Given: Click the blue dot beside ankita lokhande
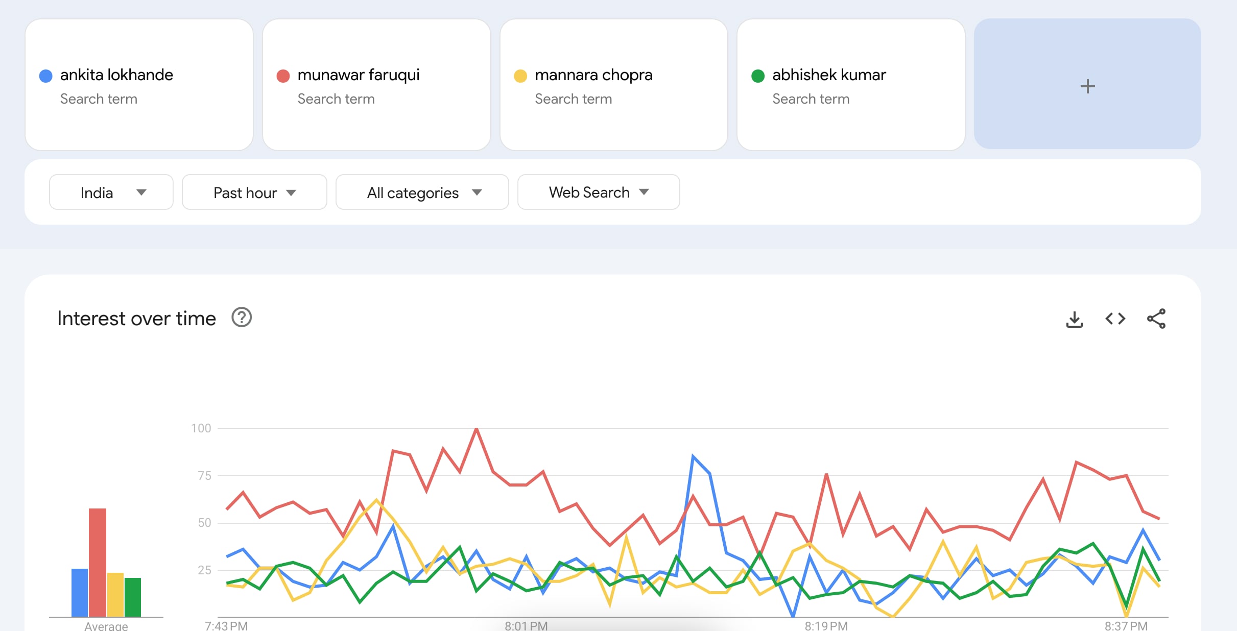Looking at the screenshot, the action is tap(46, 76).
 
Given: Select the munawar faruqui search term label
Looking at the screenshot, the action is tap(359, 75).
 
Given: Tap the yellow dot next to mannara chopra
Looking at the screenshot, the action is tap(520, 76).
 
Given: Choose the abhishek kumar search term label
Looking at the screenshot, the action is tap(829, 75).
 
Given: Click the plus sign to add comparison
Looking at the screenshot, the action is tap(1088, 86).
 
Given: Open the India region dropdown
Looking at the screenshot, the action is tap(111, 192).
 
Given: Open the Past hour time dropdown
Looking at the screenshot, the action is tap(254, 192).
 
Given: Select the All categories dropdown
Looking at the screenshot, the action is tap(422, 192).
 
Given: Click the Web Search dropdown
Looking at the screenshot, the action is tap(599, 192).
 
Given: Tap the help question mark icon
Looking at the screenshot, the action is tap(242, 318).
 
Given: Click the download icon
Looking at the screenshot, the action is tap(1075, 319).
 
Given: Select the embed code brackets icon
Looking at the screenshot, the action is tap(1115, 319).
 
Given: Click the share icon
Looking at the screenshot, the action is tap(1156, 319).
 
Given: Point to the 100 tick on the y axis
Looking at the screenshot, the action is tap(201, 428).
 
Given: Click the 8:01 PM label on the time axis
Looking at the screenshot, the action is tap(526, 625).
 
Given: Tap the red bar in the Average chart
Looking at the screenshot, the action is tap(98, 563).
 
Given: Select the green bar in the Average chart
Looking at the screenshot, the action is tap(133, 597).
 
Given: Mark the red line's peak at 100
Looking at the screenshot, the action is tap(477, 429).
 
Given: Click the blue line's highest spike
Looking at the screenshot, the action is tap(693, 455).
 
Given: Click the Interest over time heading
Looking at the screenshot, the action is tap(137, 319).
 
